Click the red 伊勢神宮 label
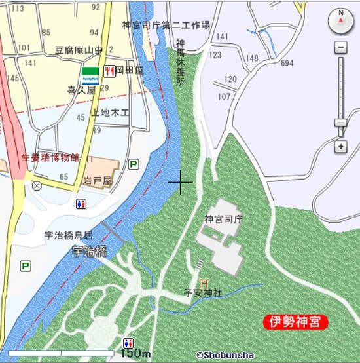[x=295, y=322]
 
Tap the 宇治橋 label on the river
[x=90, y=251]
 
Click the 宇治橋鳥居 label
[x=68, y=235]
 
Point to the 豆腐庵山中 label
[x=79, y=50]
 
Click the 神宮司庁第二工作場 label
[x=166, y=25]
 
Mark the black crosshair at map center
[x=180, y=181]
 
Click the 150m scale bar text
[x=136, y=353]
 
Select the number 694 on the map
[x=287, y=63]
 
